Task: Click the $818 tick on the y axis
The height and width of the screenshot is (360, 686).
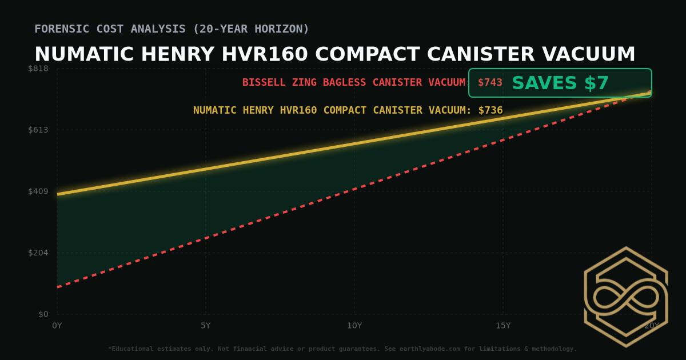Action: [38, 69]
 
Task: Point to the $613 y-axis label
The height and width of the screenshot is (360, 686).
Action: [38, 130]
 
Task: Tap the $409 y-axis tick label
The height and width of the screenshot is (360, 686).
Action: [38, 191]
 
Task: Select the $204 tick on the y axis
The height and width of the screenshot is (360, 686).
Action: [38, 253]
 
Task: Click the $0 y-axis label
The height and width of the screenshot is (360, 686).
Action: [43, 314]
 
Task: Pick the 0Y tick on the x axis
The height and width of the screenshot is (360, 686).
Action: [57, 326]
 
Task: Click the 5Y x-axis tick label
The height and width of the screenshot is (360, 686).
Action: [206, 326]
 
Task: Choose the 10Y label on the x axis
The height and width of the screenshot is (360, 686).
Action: [354, 326]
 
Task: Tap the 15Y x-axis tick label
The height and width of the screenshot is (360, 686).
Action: [503, 326]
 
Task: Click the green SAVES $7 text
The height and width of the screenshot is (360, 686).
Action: [560, 83]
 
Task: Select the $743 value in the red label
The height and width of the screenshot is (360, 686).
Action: [490, 82]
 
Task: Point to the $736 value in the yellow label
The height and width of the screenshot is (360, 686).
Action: [490, 110]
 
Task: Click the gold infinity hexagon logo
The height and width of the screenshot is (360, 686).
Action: [626, 297]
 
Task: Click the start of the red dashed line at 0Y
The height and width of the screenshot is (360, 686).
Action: [58, 287]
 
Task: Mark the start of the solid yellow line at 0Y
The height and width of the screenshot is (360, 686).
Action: [58, 194]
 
